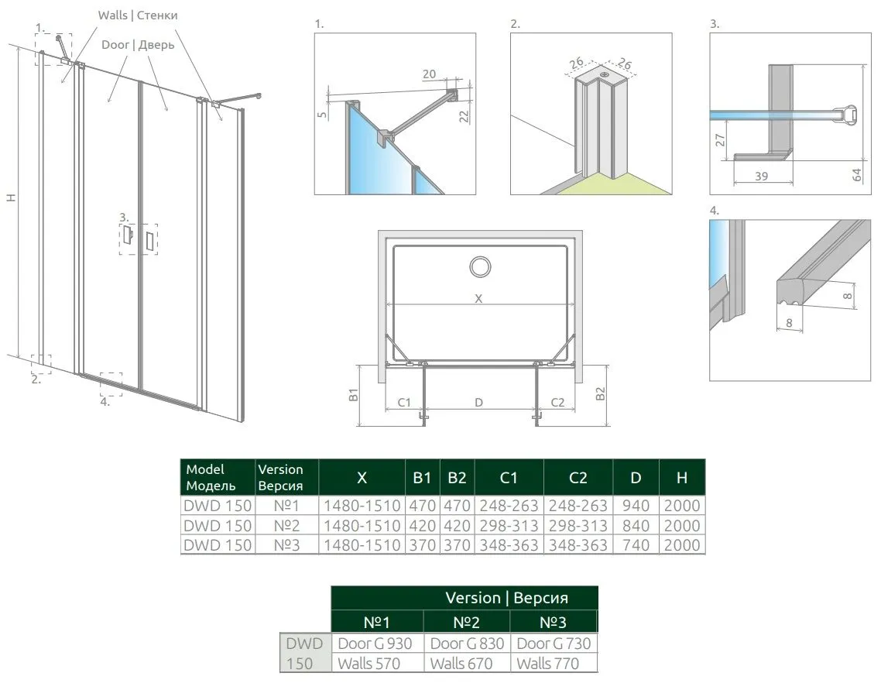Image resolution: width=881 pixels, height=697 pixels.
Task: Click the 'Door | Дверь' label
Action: coord(138,45)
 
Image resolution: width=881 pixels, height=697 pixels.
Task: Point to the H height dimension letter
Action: coord(11,198)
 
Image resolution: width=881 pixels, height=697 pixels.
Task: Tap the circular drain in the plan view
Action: coord(480,267)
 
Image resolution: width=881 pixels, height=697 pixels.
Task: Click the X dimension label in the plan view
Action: coord(478,298)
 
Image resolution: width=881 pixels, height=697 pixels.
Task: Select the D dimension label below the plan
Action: coord(479,402)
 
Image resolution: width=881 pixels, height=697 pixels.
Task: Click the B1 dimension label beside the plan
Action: coord(353,395)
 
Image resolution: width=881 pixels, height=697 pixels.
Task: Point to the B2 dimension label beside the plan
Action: coord(600,394)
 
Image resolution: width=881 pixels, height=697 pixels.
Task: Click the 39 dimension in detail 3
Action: coord(761,177)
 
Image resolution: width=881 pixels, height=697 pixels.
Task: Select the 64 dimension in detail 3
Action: coord(855,174)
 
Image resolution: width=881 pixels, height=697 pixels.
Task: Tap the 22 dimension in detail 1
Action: coord(464,115)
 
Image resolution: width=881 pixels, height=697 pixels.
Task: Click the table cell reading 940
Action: coord(636,506)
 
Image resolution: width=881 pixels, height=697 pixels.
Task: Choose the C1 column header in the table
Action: coord(509,478)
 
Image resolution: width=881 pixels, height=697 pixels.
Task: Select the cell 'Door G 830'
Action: coord(466,644)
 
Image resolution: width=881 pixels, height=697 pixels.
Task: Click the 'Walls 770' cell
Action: coord(547,663)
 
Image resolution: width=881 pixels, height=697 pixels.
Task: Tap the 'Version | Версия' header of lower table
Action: coord(506,598)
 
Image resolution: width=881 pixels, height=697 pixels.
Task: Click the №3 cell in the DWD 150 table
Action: coord(286,545)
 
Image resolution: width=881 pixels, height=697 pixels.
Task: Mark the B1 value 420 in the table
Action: coord(421,526)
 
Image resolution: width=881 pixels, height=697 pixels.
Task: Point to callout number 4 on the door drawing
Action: coord(105,400)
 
